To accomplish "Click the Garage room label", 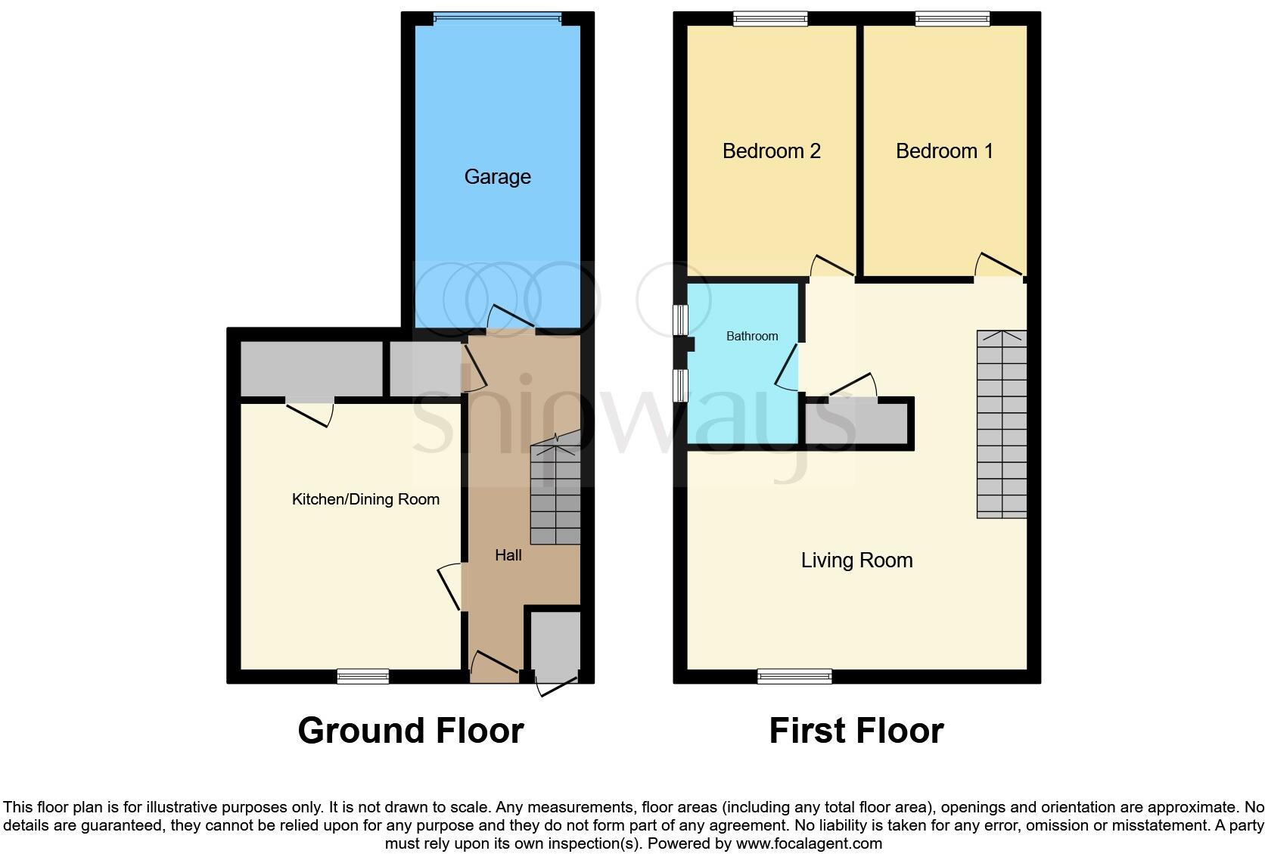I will [497, 177].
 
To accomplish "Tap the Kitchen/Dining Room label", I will [365, 499].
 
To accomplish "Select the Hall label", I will [508, 555].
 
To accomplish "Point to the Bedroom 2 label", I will [771, 151].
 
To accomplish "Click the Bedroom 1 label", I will [943, 151].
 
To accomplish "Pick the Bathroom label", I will [751, 336].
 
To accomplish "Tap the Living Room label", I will [856, 561].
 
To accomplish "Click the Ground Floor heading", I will [410, 731].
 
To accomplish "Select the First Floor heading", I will [856, 731].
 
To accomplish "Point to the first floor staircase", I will [1001, 424].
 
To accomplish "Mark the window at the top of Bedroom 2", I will [770, 20].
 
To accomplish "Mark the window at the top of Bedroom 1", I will [952, 20].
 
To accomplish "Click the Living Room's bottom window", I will [794, 675].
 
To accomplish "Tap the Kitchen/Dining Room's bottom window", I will [363, 675].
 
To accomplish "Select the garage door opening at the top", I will [497, 20].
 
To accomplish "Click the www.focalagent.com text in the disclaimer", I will [808, 843].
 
